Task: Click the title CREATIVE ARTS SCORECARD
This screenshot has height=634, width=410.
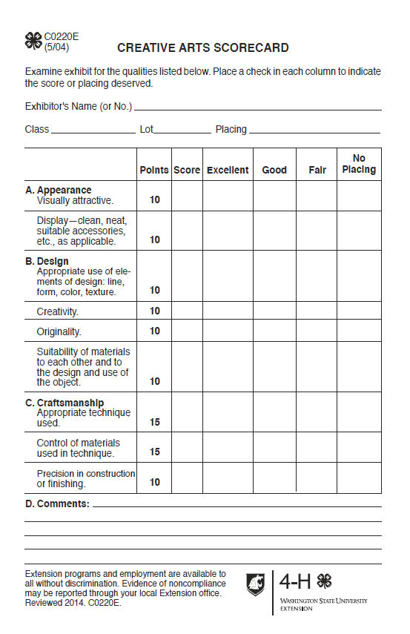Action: (x=202, y=48)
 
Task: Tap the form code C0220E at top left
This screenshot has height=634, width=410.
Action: (x=61, y=36)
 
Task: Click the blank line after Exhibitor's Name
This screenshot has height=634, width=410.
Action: (x=257, y=108)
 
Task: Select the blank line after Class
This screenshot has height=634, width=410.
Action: (x=93, y=131)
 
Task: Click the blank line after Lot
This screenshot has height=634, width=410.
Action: (x=182, y=131)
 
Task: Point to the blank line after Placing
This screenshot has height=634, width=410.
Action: (x=314, y=131)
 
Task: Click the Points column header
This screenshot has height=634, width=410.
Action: (x=154, y=170)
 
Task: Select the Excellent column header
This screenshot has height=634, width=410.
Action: (x=228, y=170)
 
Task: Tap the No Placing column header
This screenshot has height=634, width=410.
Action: (x=359, y=164)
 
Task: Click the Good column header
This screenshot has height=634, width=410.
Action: (x=274, y=170)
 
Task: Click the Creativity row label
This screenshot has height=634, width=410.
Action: (x=58, y=311)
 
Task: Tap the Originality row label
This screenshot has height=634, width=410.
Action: (x=59, y=331)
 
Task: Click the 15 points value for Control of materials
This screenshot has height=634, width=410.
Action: (x=155, y=452)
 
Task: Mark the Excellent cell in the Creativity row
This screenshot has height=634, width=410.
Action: (x=228, y=311)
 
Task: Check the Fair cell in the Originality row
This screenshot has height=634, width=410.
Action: (x=317, y=331)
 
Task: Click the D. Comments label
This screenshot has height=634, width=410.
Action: (x=57, y=504)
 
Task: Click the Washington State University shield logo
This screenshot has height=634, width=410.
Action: (x=256, y=584)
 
